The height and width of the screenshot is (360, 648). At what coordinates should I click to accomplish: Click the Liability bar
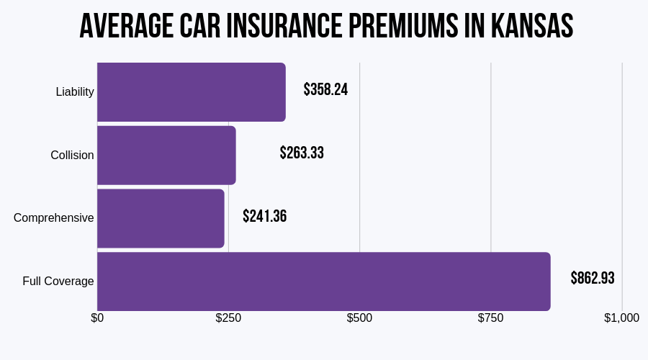[x=191, y=92]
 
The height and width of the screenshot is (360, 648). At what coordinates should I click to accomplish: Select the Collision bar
[x=166, y=155]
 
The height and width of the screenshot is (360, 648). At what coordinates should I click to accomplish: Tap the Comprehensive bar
[x=161, y=218]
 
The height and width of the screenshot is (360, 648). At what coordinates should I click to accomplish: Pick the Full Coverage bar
[x=323, y=281]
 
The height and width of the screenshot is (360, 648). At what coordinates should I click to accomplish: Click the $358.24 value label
[x=325, y=90]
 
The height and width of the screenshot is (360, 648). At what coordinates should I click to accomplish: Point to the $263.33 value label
[x=302, y=153]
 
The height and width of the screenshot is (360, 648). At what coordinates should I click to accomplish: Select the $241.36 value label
[x=264, y=216]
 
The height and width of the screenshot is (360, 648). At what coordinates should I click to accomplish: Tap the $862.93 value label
[x=593, y=279]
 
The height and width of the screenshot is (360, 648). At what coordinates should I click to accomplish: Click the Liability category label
[x=75, y=92]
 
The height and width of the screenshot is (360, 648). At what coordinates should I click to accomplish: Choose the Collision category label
[x=72, y=155]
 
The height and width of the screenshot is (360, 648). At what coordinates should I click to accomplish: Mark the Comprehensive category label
[x=54, y=218]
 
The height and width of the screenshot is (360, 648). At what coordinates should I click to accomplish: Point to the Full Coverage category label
[x=58, y=281]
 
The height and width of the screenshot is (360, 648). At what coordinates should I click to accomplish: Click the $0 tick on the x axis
[x=97, y=318]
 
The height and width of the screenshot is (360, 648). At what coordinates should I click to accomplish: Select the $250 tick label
[x=228, y=318]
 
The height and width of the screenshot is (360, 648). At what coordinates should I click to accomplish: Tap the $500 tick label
[x=359, y=318]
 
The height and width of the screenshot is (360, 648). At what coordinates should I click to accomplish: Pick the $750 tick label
[x=490, y=318]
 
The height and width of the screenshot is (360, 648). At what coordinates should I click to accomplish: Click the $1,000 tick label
[x=621, y=318]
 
